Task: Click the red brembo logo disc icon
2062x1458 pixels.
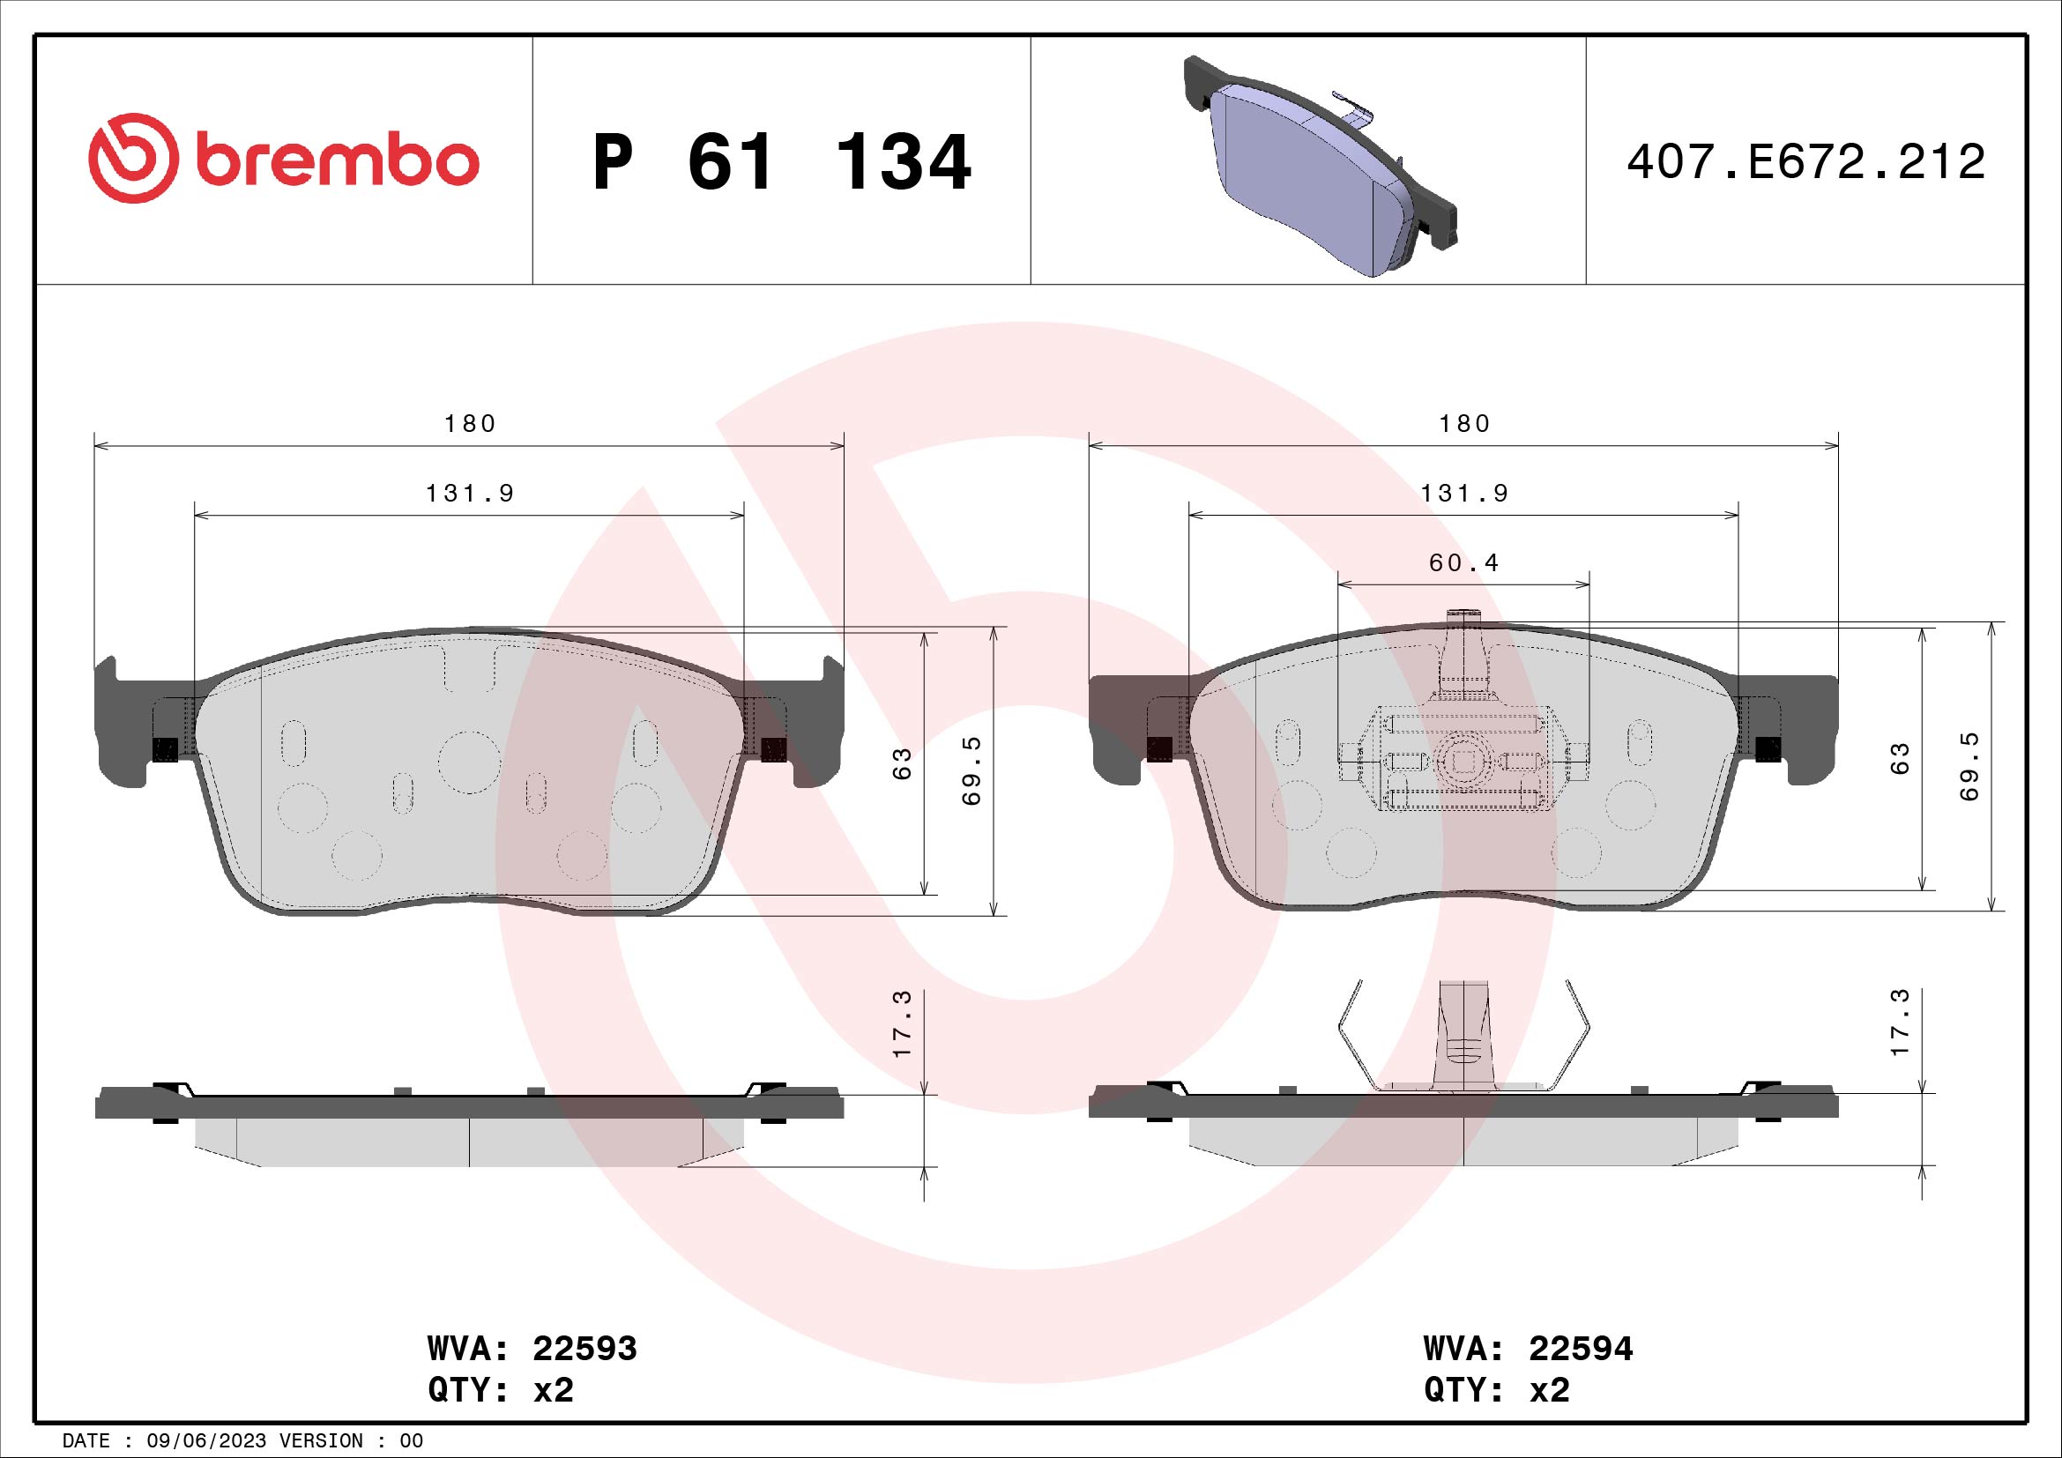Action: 129,158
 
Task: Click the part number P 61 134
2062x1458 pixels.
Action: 782,162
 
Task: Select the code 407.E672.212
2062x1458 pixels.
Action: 1805,162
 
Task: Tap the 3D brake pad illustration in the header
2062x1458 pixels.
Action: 1321,166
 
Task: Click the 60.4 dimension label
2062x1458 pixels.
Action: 1464,564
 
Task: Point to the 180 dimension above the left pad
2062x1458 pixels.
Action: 470,424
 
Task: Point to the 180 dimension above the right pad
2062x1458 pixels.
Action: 1464,424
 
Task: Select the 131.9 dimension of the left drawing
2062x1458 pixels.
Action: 470,494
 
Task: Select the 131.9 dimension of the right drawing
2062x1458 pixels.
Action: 1464,494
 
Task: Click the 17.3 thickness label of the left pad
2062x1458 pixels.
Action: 903,1023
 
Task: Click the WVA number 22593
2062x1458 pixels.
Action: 584,1349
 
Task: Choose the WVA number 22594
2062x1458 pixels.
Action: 1581,1349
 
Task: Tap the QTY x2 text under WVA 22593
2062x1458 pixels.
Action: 500,1390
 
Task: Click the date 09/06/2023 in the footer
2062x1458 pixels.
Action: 206,1441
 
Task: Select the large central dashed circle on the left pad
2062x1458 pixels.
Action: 470,762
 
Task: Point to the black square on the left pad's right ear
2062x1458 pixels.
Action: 773,748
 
